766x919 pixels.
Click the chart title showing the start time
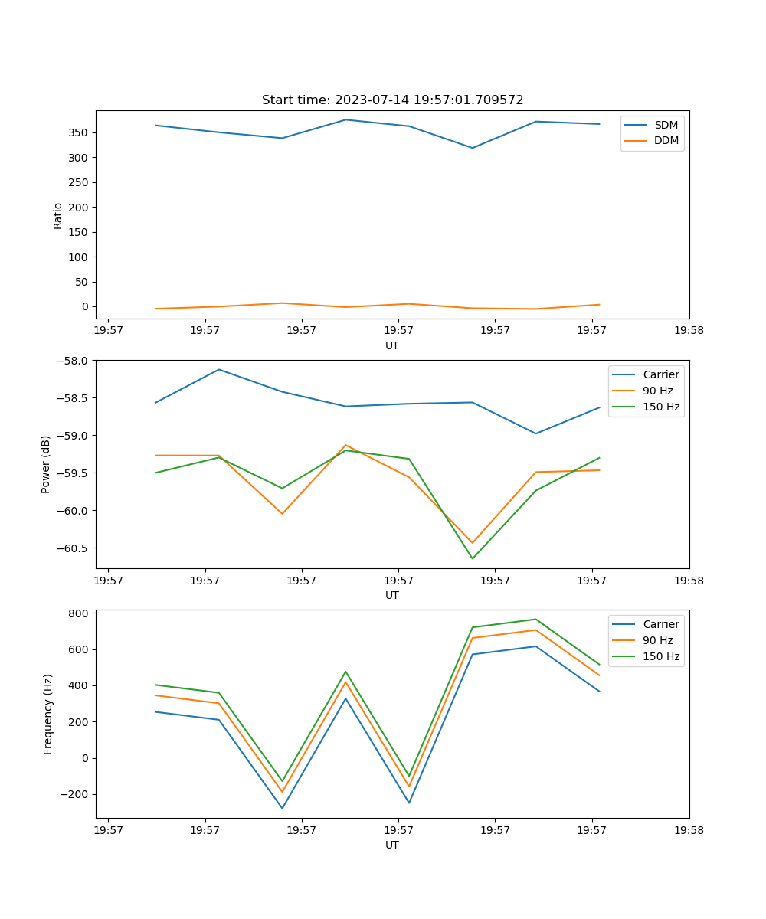pos(392,100)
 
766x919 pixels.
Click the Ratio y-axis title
pos(58,215)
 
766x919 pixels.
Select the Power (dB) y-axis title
pos(46,464)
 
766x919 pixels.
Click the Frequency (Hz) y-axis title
pos(47,714)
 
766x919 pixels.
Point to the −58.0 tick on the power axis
pos(75,360)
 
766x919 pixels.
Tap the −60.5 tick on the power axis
pos(75,548)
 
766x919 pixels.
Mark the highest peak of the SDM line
pos(345,119)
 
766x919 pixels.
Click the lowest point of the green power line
pos(472,558)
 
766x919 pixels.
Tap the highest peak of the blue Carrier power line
pos(219,369)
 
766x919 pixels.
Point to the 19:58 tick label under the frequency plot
pos(688,829)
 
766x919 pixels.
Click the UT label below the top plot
pos(392,345)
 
